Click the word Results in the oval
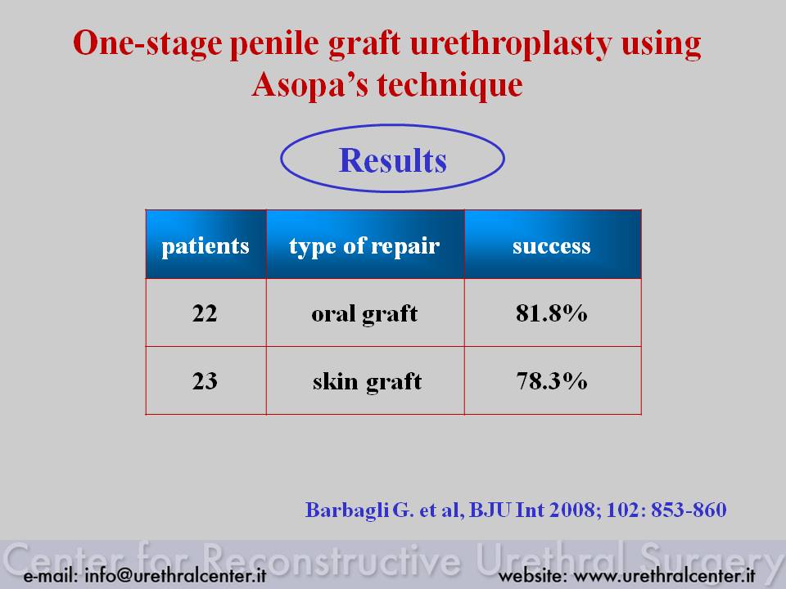pyautogui.click(x=392, y=160)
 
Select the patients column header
pyautogui.click(x=206, y=245)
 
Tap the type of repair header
pyautogui.click(x=365, y=245)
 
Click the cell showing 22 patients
pyautogui.click(x=206, y=312)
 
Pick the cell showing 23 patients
pyautogui.click(x=206, y=380)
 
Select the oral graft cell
pyautogui.click(x=365, y=312)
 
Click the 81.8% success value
pyautogui.click(x=551, y=313)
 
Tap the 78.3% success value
pyautogui.click(x=551, y=380)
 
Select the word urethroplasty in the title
pyautogui.click(x=510, y=44)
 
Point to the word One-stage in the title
pyautogui.click(x=147, y=44)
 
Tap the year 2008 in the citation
pyautogui.click(x=576, y=510)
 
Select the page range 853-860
pyautogui.click(x=689, y=510)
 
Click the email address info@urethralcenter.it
pyautogui.click(x=175, y=575)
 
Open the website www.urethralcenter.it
pyautogui.click(x=664, y=575)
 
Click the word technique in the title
pyautogui.click(x=449, y=83)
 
